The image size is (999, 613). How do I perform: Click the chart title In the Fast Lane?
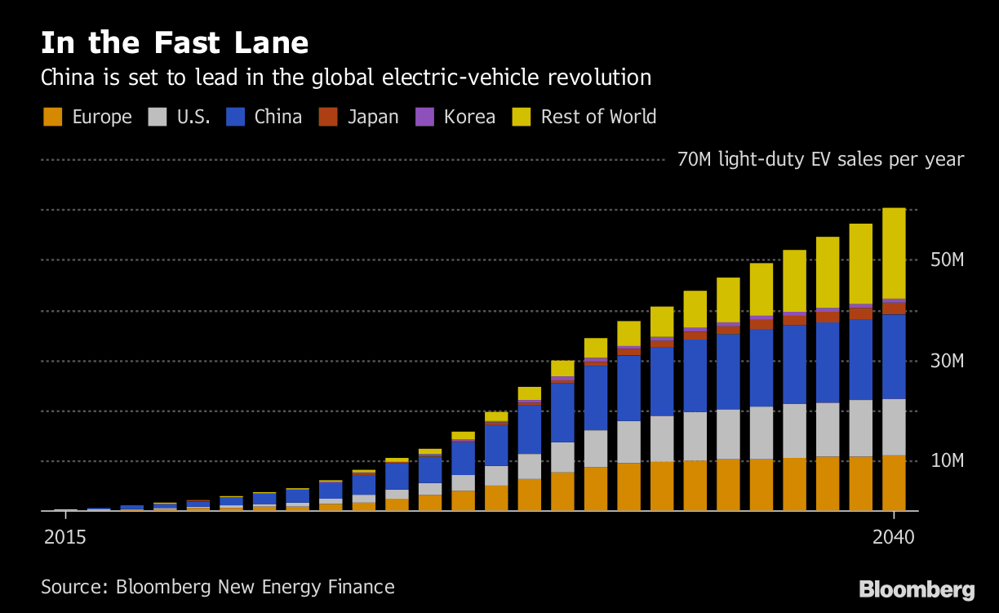click(x=175, y=42)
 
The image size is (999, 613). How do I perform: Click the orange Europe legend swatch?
click(x=52, y=118)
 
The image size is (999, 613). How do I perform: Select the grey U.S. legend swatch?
click(x=157, y=118)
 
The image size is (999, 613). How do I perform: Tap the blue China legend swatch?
click(x=234, y=118)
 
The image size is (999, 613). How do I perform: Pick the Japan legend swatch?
click(x=328, y=118)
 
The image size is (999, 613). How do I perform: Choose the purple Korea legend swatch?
click(x=424, y=118)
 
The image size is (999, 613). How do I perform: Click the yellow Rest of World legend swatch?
click(x=521, y=118)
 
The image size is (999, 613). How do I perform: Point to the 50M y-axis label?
click(x=947, y=260)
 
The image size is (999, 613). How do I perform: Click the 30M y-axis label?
click(x=947, y=361)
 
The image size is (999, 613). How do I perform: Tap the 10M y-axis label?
click(x=947, y=461)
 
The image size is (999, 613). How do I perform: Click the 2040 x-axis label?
click(x=894, y=539)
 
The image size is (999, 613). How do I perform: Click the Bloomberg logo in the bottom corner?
click(x=917, y=589)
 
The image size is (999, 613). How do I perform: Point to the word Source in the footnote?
click(x=74, y=587)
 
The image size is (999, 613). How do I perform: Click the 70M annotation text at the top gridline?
click(x=820, y=159)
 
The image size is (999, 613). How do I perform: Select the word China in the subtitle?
click(x=68, y=78)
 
